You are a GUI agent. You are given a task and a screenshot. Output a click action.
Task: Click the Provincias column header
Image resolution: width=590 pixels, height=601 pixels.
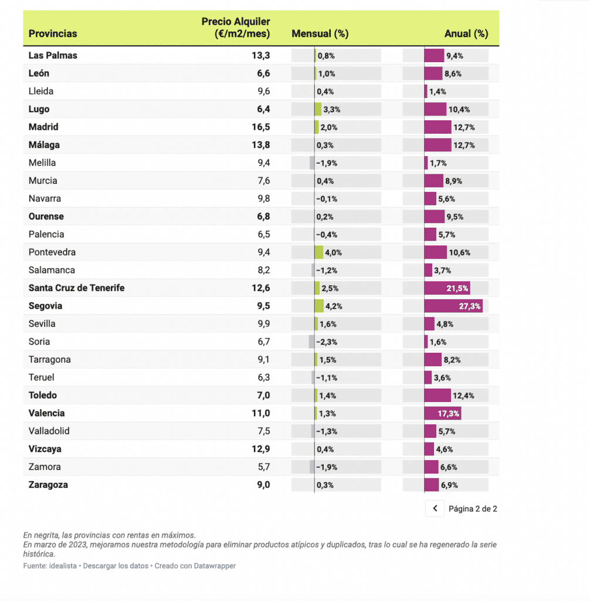pos(53,34)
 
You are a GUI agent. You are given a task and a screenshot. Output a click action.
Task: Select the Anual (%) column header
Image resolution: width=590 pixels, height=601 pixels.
pos(466,34)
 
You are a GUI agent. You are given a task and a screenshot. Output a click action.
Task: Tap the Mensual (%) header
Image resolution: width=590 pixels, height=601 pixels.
pos(320,34)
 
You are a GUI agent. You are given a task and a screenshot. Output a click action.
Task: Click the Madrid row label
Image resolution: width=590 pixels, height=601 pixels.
pos(43,127)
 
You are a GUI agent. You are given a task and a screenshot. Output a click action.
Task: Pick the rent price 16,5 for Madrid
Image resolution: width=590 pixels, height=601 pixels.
pos(260,127)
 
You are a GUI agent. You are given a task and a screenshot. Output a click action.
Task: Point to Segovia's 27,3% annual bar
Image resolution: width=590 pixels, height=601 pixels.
pos(453,306)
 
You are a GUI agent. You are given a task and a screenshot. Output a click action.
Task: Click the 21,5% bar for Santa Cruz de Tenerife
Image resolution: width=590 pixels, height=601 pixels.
pos(447,288)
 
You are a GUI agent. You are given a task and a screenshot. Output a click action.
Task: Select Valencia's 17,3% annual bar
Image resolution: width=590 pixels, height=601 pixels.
pos(443,414)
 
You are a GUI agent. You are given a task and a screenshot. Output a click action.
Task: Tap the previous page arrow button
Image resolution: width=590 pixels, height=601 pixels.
pos(435,509)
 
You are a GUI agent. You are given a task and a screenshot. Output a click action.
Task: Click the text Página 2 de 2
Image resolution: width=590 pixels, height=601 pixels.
pos(473,509)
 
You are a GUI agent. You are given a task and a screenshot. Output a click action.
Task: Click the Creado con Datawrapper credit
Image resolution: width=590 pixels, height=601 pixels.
pos(195,566)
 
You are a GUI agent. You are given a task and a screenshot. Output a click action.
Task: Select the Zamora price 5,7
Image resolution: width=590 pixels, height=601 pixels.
pos(264,467)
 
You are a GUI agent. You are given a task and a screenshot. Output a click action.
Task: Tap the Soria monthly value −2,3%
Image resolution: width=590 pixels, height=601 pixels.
pos(326,342)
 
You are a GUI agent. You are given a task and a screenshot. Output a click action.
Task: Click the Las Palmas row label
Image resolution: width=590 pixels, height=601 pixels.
pos(53,56)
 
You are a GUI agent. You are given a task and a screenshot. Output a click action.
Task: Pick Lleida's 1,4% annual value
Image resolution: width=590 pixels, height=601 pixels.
pos(438,92)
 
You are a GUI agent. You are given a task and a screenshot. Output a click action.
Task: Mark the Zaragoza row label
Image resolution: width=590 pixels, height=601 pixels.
pos(48,485)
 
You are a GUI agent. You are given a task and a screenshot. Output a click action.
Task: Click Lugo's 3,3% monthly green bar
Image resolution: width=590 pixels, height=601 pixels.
pos(318,110)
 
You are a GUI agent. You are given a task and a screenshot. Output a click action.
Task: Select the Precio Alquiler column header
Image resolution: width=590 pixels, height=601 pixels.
pos(236,28)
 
